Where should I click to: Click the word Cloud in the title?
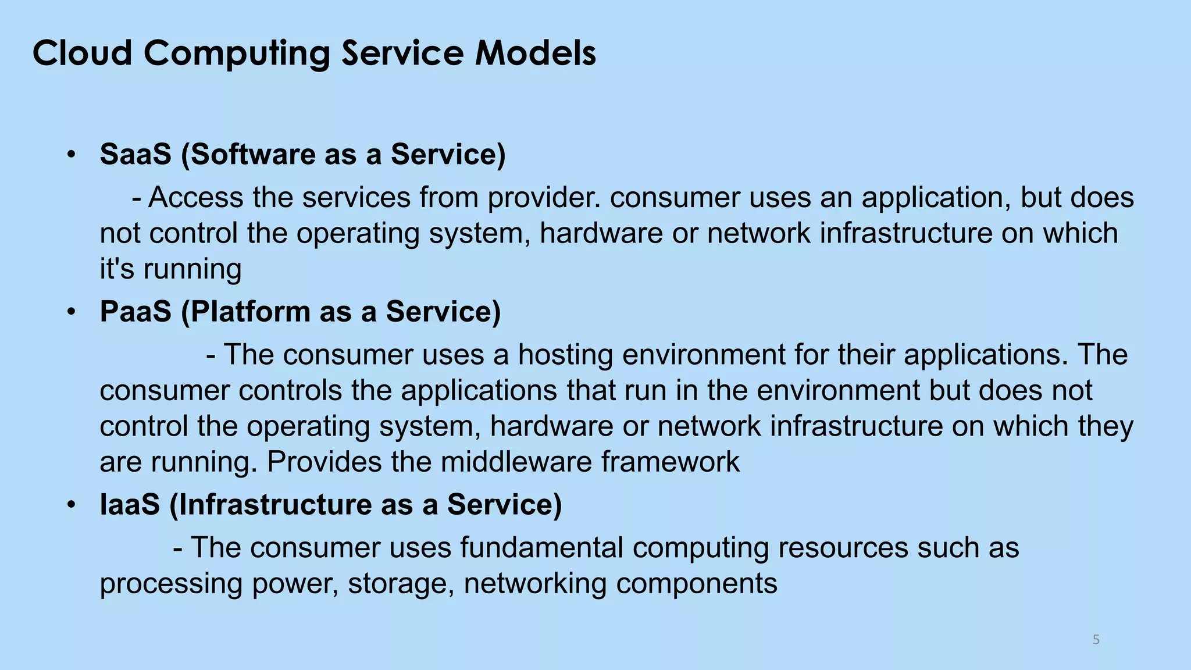point(82,53)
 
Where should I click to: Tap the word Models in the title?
point(536,53)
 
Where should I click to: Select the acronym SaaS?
point(135,154)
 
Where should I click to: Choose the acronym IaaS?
point(130,504)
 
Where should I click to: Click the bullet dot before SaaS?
point(71,155)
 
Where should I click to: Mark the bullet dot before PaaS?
point(71,312)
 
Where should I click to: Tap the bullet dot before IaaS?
point(71,505)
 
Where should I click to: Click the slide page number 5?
point(1096,640)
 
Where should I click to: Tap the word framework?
point(670,462)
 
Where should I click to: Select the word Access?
point(195,197)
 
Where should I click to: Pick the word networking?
point(535,583)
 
